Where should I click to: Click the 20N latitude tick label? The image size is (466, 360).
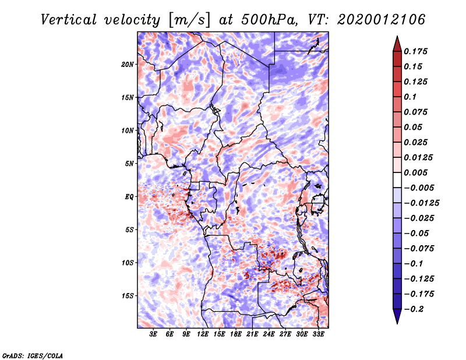(x=127, y=65)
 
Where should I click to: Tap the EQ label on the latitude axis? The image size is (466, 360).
(x=129, y=197)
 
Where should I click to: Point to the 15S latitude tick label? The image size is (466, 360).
(x=127, y=296)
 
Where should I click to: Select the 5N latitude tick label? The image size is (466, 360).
(x=129, y=164)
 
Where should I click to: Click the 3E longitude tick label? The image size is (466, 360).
(x=153, y=334)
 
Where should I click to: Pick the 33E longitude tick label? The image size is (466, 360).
(x=318, y=334)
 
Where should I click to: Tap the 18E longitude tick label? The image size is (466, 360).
(x=236, y=334)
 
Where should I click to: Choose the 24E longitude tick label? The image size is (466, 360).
(x=269, y=334)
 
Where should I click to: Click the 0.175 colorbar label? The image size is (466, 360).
(x=415, y=51)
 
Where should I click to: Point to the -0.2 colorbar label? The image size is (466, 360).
(x=414, y=309)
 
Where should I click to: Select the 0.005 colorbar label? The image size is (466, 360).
(x=415, y=172)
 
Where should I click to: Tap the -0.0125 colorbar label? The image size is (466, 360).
(x=421, y=203)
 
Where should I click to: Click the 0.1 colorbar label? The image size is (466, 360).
(x=410, y=97)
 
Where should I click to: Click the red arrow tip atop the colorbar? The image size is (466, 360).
(x=397, y=36)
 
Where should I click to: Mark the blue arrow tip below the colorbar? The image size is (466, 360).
(x=397, y=323)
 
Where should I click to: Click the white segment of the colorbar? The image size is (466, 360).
(x=397, y=180)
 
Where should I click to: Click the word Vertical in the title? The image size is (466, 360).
(x=68, y=20)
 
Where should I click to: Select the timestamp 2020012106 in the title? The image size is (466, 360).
(x=382, y=20)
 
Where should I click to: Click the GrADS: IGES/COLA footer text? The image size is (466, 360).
(x=33, y=355)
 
